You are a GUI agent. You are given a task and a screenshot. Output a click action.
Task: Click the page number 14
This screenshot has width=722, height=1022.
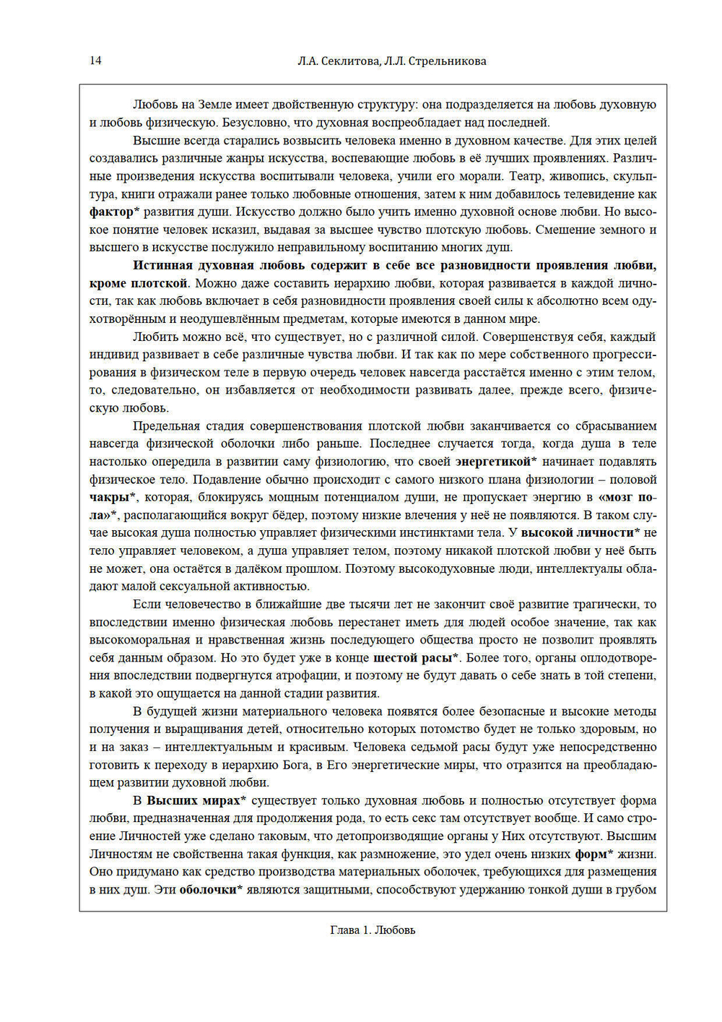pyautogui.click(x=95, y=61)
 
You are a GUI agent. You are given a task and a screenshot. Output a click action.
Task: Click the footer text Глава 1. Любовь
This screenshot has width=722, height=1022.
pyautogui.click(x=373, y=930)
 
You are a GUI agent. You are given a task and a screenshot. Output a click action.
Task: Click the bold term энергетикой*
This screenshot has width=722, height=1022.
pyautogui.click(x=495, y=462)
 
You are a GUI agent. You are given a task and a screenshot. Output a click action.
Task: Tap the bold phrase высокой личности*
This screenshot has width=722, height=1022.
pyautogui.click(x=580, y=533)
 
